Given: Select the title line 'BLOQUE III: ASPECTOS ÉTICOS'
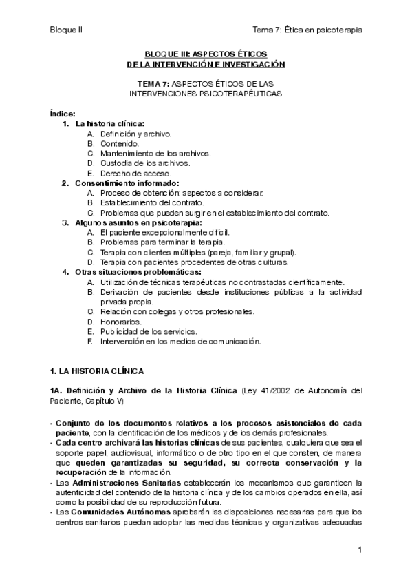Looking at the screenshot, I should click(206, 53).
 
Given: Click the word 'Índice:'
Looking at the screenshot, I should click(63, 112).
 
